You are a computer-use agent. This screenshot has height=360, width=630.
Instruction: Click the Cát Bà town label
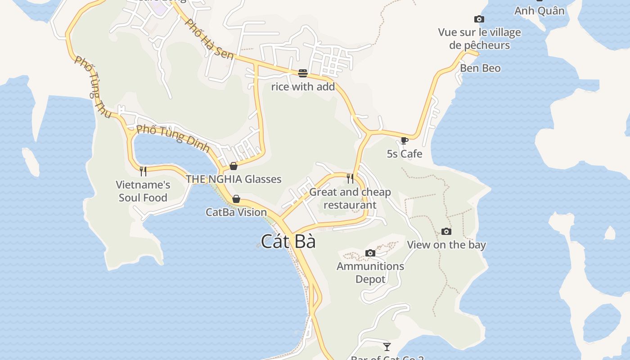[x=288, y=242]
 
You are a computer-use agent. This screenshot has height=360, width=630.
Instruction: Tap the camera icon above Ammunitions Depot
[x=370, y=253]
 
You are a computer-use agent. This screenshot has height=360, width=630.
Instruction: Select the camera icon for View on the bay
[x=446, y=231]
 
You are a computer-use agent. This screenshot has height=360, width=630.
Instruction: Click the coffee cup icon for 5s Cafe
[x=404, y=140]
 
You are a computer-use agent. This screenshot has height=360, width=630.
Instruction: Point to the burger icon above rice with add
[x=303, y=73]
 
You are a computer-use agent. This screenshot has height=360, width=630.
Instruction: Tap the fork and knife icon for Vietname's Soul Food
[x=143, y=171]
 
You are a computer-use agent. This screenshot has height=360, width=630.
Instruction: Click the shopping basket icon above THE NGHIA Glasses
[x=233, y=166]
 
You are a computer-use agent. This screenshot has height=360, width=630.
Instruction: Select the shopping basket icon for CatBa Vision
[x=236, y=199]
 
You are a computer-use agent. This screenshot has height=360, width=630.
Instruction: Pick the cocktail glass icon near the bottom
[x=387, y=346]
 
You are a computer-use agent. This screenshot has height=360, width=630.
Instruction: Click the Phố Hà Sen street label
[x=210, y=40]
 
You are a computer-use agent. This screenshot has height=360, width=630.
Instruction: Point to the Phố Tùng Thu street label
[x=93, y=87]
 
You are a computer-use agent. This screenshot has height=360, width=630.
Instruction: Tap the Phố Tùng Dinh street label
[x=173, y=138]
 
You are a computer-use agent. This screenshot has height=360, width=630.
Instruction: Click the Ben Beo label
[x=480, y=68]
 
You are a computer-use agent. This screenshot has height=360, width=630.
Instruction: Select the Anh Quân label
[x=539, y=11]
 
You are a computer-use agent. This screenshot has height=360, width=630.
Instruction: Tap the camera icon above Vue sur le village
[x=479, y=19]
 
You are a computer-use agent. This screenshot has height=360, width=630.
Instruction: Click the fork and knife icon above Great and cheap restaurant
[x=350, y=179]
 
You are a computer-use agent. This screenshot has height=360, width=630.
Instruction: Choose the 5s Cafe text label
[x=405, y=154]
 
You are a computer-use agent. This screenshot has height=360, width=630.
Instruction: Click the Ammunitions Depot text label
[x=370, y=273]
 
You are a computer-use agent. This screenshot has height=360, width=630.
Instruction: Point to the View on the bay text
[x=446, y=245]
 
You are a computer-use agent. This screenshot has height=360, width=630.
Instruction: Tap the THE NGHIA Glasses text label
[x=234, y=179]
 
